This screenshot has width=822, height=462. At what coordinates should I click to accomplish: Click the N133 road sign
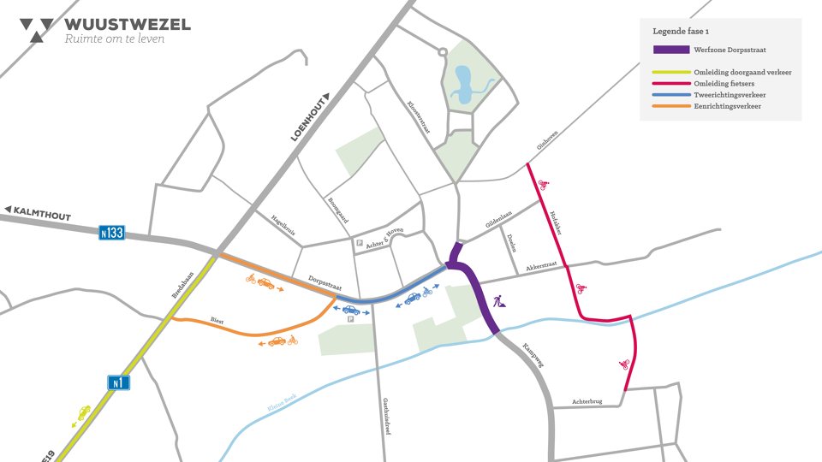tap(111, 232)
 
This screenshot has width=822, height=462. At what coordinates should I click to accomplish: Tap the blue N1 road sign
tap(118, 382)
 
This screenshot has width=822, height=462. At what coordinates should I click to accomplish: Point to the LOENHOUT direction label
tap(302, 118)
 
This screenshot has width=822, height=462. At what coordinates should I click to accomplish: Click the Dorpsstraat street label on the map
tap(325, 284)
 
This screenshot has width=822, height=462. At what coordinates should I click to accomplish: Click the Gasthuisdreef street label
tap(387, 416)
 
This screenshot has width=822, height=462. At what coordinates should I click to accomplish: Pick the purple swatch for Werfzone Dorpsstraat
tap(670, 50)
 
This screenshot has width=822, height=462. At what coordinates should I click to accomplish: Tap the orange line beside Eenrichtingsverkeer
tap(670, 106)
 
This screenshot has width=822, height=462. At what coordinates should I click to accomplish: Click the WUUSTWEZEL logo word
tap(128, 24)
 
